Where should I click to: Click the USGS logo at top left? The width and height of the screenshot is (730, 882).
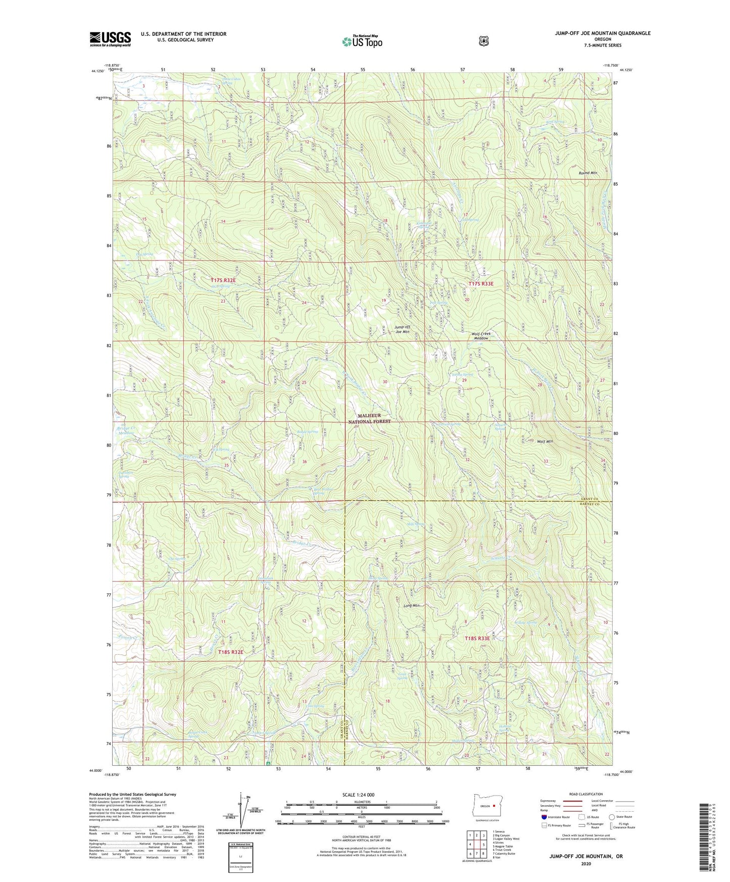pyautogui.click(x=110, y=39)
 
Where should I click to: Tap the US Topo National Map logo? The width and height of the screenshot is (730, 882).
pyautogui.click(x=362, y=41)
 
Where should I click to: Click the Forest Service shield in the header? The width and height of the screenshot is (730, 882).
pyautogui.click(x=483, y=40)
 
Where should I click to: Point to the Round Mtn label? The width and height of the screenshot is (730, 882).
pyautogui.click(x=588, y=173)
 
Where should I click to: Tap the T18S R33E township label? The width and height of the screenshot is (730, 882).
pyautogui.click(x=477, y=639)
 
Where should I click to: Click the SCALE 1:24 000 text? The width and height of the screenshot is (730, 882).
pyautogui.click(x=361, y=795)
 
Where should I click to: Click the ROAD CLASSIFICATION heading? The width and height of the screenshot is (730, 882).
pyautogui.click(x=586, y=794)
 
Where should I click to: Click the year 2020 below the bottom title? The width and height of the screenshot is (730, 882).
pyautogui.click(x=586, y=864)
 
